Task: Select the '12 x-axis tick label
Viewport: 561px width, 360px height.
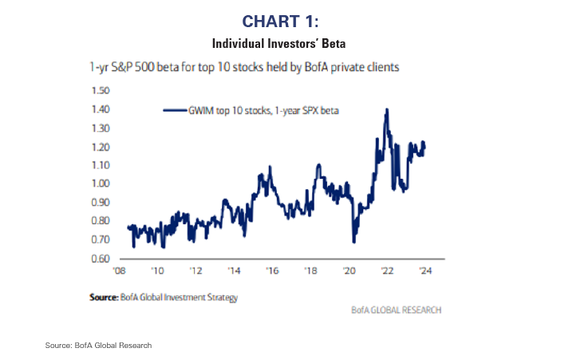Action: click(196, 271)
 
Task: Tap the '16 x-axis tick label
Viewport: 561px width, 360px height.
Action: click(272, 271)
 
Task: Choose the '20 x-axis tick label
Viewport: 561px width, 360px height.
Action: click(349, 271)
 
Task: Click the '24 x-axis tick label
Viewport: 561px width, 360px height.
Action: click(425, 271)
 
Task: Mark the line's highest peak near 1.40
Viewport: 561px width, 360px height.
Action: click(386, 109)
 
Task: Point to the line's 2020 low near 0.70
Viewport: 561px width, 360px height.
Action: click(354, 241)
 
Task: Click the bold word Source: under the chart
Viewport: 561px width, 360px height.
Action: click(105, 297)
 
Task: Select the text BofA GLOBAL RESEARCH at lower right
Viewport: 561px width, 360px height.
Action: click(396, 309)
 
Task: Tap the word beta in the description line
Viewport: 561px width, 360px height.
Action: click(180, 69)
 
